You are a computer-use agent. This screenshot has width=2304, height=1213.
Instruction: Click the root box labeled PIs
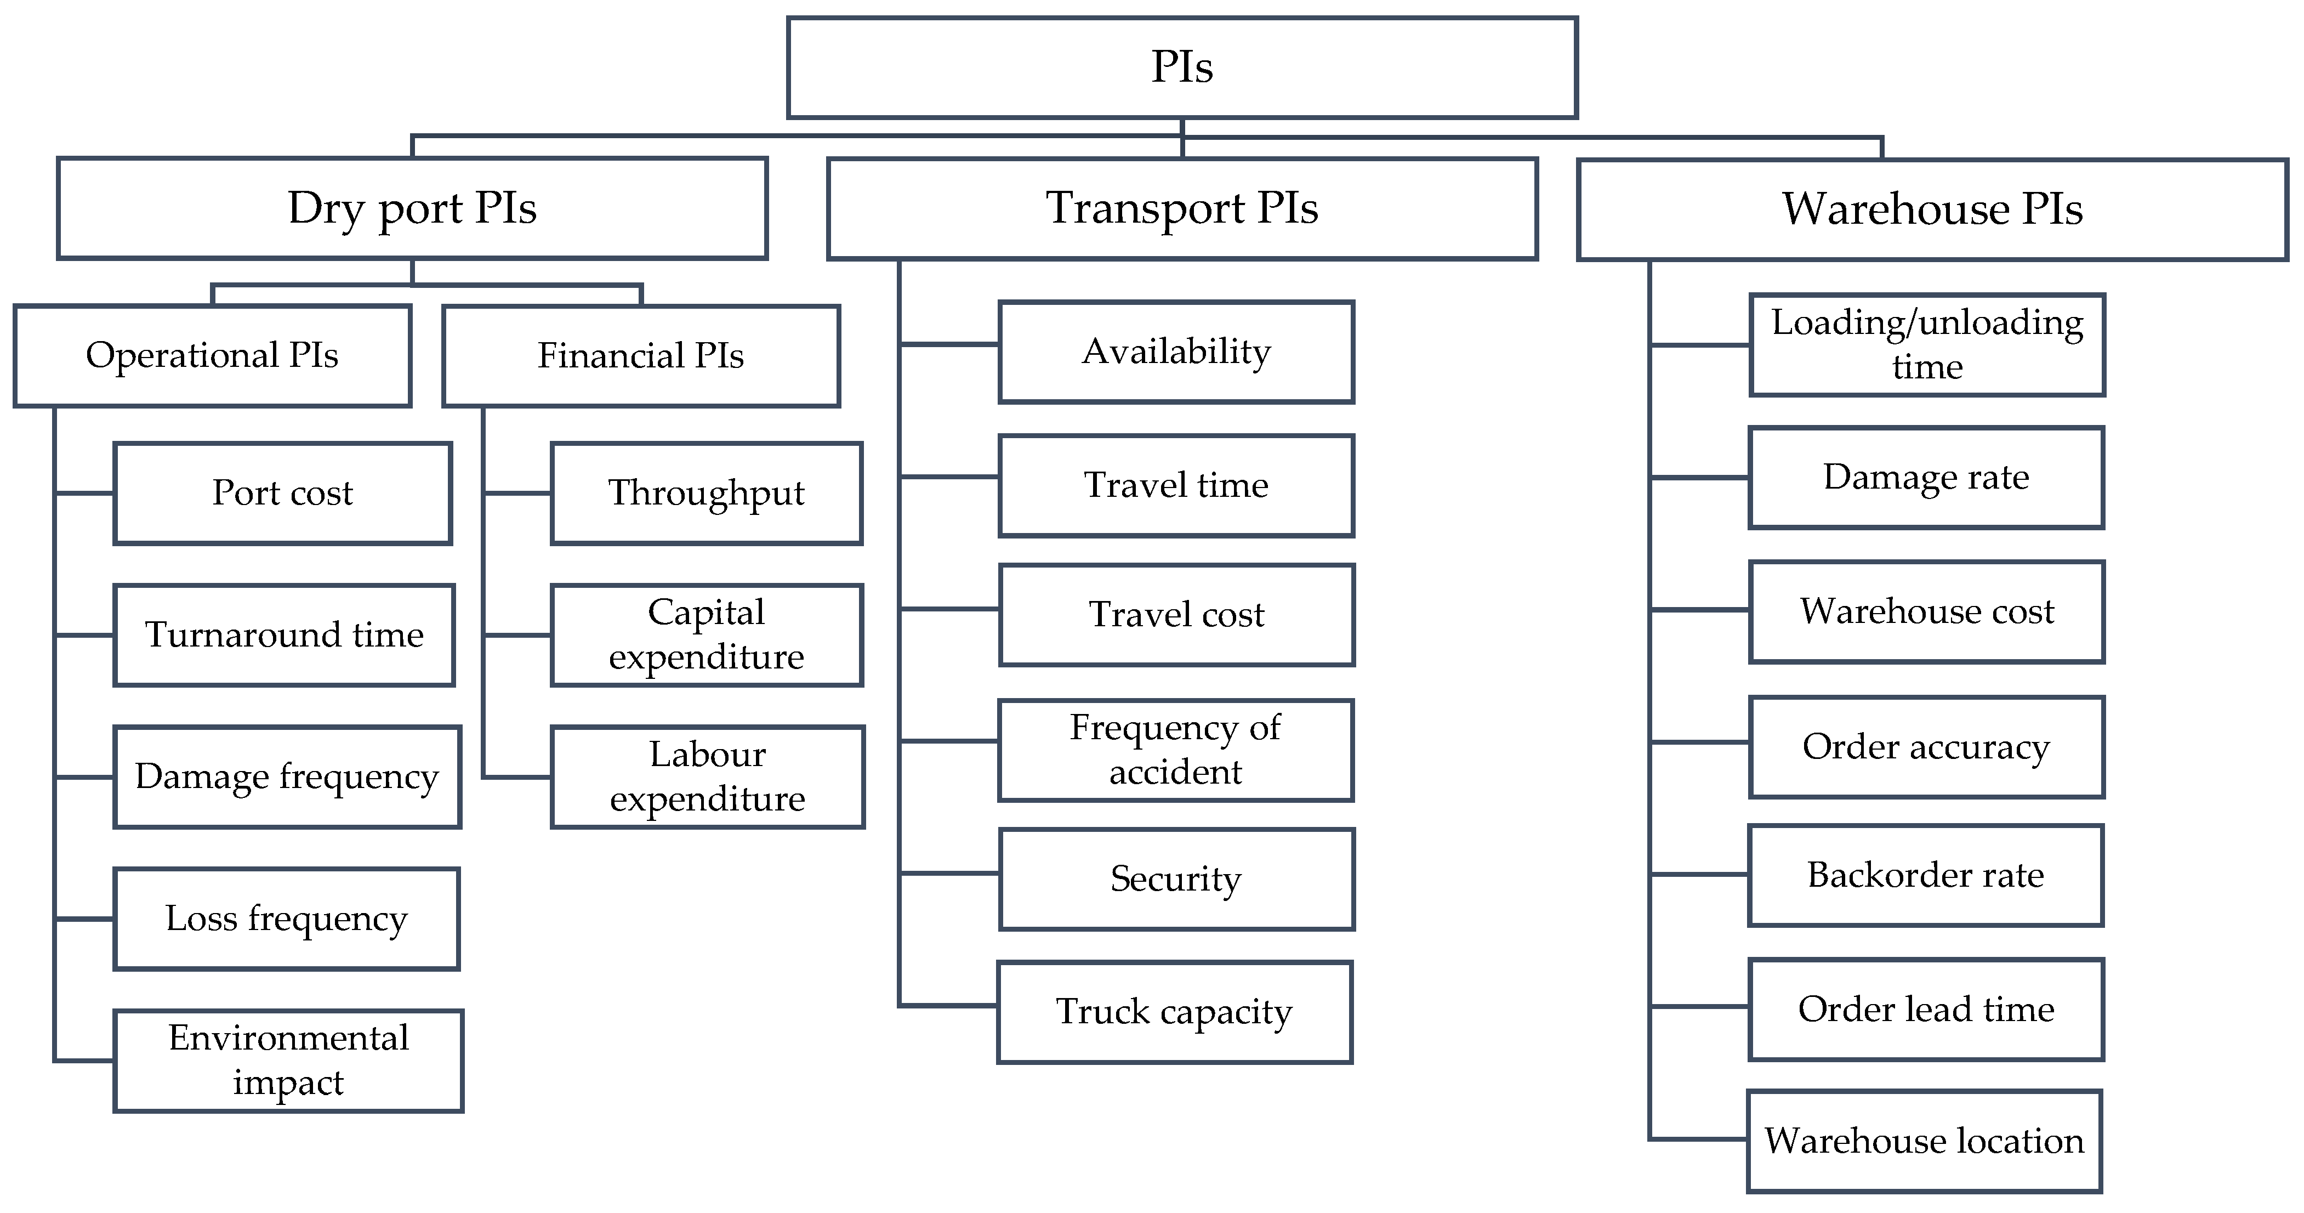point(1181,67)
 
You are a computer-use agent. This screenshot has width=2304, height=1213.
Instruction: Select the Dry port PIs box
point(412,208)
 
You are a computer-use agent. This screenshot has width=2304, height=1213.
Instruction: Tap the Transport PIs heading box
point(1181,208)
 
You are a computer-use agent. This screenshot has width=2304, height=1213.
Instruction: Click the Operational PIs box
point(212,355)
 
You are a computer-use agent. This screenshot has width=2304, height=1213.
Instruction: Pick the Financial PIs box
point(640,356)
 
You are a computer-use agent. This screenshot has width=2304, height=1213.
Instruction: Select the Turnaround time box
point(283,635)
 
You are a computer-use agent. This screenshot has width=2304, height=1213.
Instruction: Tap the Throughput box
point(706,493)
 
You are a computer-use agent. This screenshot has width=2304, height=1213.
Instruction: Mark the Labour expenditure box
point(707,776)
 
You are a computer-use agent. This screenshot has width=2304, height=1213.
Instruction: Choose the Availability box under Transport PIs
point(1176,352)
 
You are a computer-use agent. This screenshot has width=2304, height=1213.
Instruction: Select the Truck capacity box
point(1174,1012)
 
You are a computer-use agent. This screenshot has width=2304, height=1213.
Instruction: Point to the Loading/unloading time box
point(1926,344)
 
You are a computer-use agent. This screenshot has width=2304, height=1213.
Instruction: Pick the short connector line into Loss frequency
point(84,919)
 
